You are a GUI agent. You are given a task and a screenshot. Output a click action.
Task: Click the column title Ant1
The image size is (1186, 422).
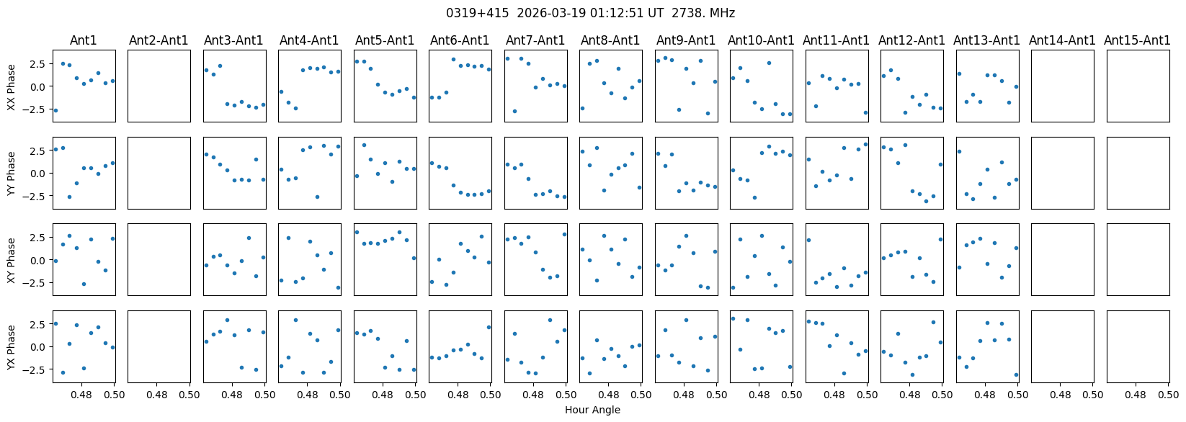(x=84, y=40)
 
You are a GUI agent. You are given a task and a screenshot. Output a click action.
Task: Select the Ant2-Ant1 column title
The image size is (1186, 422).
(x=159, y=40)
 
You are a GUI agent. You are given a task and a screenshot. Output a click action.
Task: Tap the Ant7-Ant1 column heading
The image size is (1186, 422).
(x=535, y=40)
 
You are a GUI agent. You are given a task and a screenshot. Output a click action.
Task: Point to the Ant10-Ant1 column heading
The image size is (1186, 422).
(x=761, y=40)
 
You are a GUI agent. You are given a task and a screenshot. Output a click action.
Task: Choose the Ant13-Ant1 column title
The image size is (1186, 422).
(x=986, y=40)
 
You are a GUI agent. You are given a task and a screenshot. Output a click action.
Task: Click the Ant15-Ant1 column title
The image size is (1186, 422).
(x=1137, y=40)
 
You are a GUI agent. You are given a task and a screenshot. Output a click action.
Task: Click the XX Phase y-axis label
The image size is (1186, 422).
(x=11, y=86)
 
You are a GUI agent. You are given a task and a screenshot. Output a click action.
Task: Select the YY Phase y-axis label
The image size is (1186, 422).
(x=11, y=173)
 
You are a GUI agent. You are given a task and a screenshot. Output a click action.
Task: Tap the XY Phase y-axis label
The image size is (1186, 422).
(x=11, y=260)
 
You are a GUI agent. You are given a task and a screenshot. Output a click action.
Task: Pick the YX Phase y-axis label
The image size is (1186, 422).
(x=11, y=347)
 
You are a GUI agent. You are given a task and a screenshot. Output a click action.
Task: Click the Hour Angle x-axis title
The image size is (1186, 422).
(x=592, y=410)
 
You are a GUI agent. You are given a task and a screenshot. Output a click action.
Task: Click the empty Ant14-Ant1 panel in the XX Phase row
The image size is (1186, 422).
(x=1062, y=86)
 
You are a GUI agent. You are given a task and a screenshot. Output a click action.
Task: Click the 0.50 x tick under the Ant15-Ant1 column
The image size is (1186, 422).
(x=1168, y=395)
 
